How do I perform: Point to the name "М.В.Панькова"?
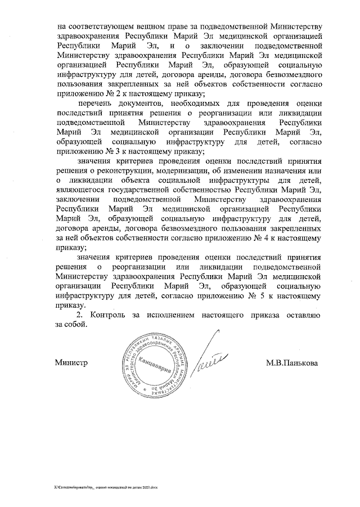[x=291, y=363]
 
